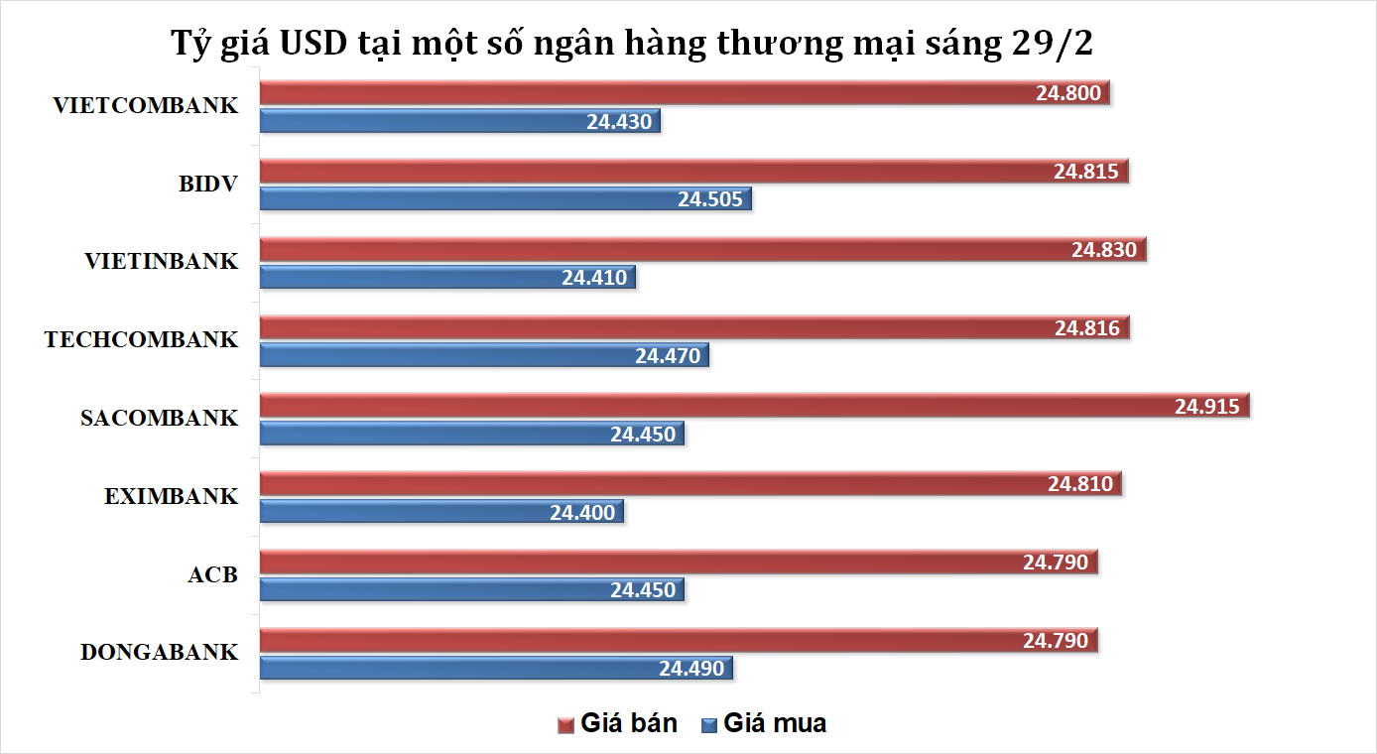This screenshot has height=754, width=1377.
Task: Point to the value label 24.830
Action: click(1103, 250)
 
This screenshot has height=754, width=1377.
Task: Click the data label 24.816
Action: click(1087, 328)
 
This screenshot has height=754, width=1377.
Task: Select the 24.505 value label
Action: click(709, 198)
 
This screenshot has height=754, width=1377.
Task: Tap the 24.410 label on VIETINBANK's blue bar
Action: click(594, 278)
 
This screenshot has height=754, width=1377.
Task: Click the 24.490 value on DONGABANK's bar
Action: click(691, 669)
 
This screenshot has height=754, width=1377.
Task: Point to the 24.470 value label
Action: click(668, 356)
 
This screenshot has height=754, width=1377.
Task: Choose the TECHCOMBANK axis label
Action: click(141, 340)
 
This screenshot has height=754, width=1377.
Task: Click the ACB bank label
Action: click(212, 574)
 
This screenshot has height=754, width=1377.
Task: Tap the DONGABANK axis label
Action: click(159, 653)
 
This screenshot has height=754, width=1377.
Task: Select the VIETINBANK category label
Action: click(161, 262)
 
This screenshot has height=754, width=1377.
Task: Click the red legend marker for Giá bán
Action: click(565, 725)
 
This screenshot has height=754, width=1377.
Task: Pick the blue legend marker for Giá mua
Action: click(708, 725)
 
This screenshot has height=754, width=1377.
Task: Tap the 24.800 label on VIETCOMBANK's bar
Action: click(1067, 94)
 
